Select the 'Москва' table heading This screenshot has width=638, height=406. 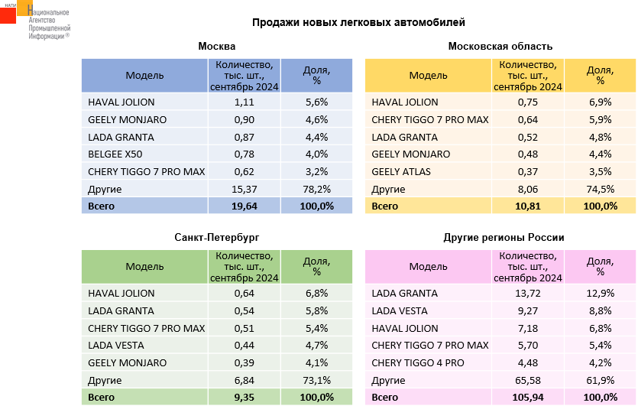[217, 47]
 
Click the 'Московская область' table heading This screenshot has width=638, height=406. [500, 47]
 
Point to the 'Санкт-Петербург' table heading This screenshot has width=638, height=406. [217, 238]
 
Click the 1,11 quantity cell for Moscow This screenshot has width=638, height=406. [244, 102]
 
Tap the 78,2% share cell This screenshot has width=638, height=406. [316, 189]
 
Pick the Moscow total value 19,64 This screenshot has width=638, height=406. [244, 206]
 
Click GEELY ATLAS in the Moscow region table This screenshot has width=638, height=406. [401, 171]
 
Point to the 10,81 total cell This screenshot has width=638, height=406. [527, 206]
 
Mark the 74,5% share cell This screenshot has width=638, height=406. [600, 189]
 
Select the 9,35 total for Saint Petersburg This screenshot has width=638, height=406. [244, 397]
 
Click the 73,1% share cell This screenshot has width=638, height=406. [316, 380]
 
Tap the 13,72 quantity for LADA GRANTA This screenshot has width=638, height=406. [527, 293]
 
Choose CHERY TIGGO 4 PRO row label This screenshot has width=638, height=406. [417, 362]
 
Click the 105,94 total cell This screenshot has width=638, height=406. [527, 397]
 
